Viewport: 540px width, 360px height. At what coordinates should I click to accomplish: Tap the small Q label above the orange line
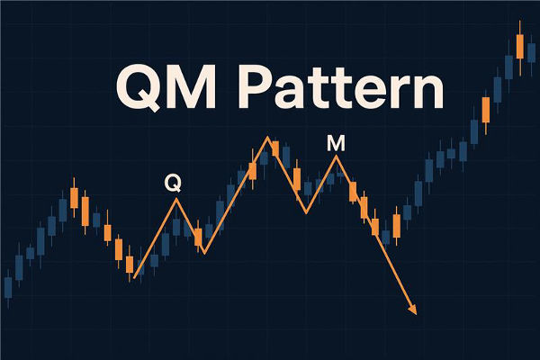[x=173, y=184]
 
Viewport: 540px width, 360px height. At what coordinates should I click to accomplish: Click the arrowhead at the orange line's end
[x=413, y=310]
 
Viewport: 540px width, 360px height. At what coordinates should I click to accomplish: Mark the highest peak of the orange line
[x=268, y=138]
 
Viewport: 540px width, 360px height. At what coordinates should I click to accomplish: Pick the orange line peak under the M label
[x=337, y=157]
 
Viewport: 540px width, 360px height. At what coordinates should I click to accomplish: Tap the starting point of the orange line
[x=131, y=280]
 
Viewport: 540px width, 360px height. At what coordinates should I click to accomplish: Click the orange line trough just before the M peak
[x=306, y=212]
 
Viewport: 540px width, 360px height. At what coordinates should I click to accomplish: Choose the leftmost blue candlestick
[x=8, y=287]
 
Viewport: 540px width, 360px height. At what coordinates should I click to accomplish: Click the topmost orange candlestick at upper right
[x=519, y=45]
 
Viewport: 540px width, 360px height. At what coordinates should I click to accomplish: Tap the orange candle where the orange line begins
[x=130, y=265]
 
